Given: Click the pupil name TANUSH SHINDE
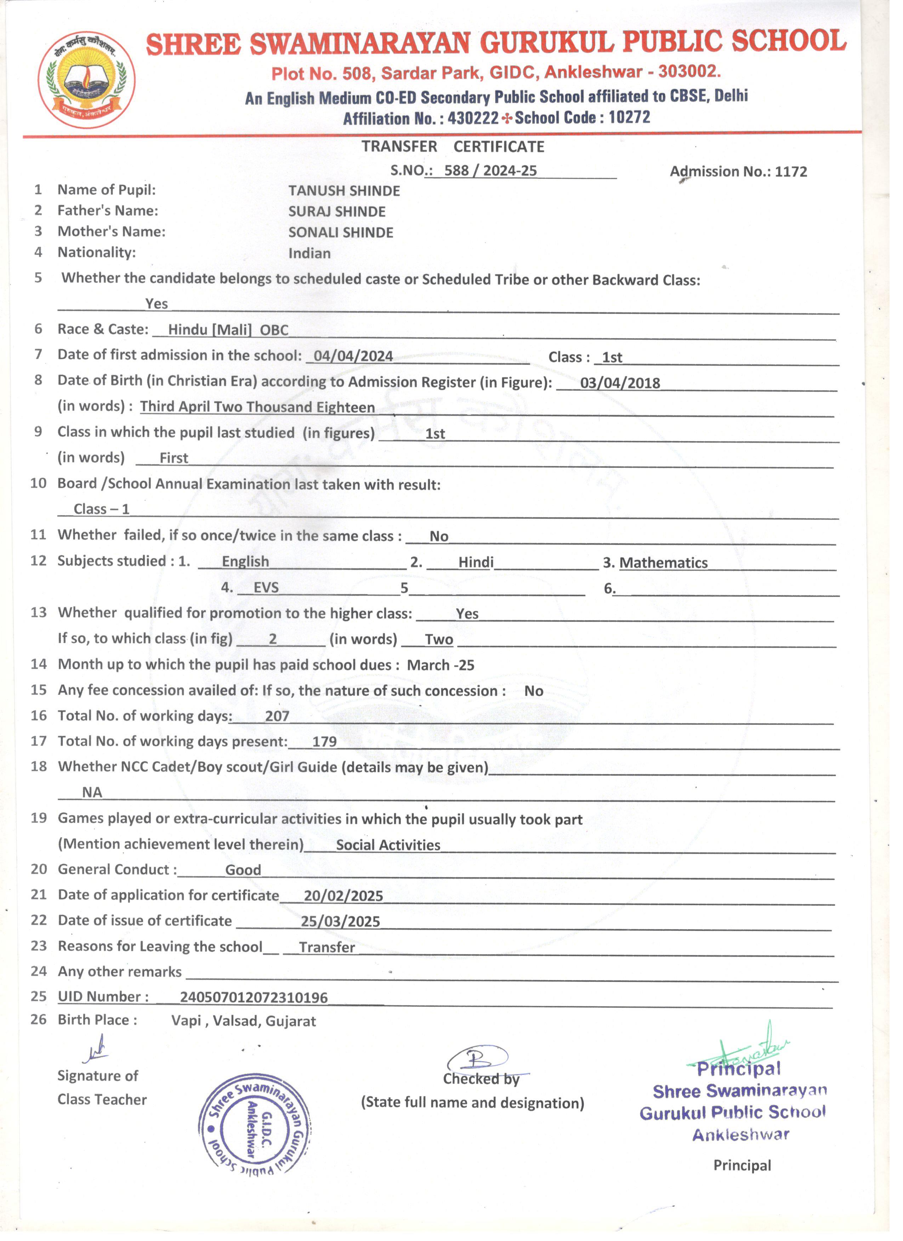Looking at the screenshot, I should (x=344, y=191).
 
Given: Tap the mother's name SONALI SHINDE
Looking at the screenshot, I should (x=341, y=232).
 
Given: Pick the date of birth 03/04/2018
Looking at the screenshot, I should (x=620, y=383).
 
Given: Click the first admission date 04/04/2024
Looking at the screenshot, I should (x=353, y=356).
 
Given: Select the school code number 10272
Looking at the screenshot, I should (x=629, y=117).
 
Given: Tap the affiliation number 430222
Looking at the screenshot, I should (x=473, y=118).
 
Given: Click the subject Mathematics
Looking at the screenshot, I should (x=663, y=563).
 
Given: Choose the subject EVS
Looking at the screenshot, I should (x=266, y=588).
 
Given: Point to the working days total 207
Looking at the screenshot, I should (x=277, y=716).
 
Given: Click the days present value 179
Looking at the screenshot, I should (x=324, y=742).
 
